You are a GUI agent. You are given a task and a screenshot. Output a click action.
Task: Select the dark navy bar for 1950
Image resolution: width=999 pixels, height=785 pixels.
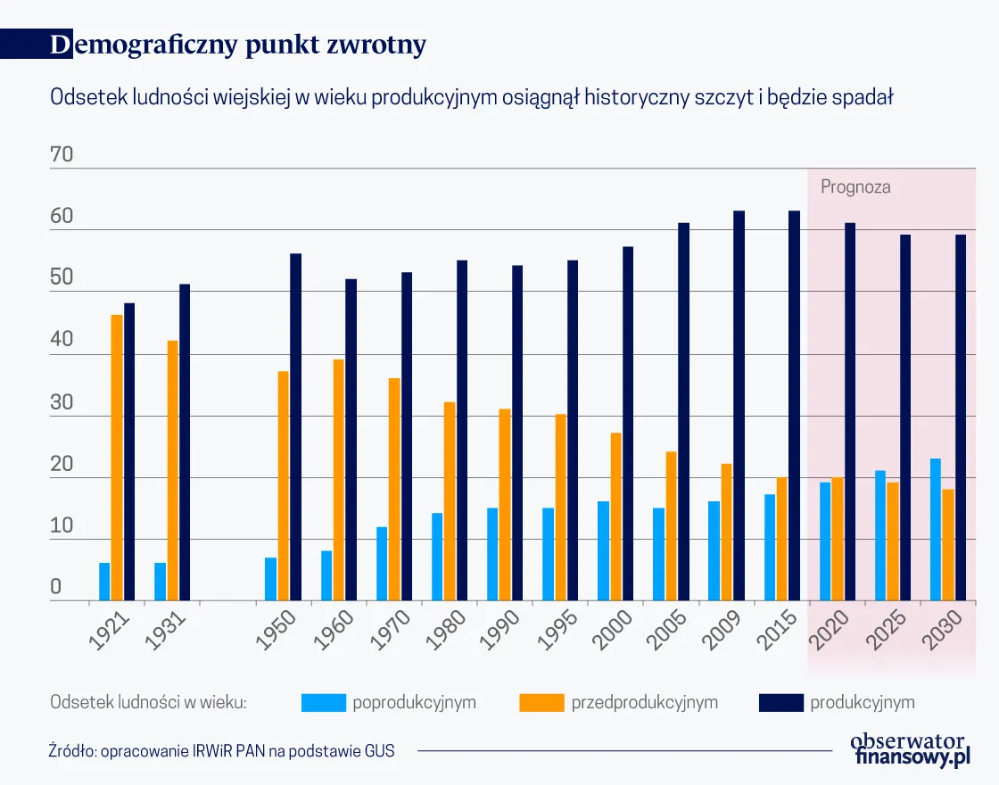(x=295, y=427)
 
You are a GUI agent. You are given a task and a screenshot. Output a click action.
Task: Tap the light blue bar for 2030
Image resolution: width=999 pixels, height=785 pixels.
(x=936, y=530)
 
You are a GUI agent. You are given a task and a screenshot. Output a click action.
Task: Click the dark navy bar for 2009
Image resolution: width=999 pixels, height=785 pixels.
(x=739, y=406)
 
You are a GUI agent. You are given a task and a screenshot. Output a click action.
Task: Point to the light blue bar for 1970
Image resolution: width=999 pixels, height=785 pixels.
(x=382, y=564)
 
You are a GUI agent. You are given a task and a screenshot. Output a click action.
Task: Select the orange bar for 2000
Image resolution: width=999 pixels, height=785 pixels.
(x=615, y=516)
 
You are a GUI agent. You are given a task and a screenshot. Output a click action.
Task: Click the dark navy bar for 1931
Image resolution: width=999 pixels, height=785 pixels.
(x=185, y=442)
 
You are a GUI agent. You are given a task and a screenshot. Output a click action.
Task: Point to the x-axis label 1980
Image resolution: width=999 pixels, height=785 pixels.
(x=446, y=631)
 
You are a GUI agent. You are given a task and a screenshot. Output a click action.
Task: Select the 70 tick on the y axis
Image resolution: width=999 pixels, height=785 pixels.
(x=62, y=156)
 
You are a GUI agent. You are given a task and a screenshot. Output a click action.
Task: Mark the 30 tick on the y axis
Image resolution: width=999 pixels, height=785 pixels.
(x=62, y=403)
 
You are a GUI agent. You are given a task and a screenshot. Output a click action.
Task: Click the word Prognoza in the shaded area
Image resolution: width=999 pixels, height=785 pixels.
(x=855, y=187)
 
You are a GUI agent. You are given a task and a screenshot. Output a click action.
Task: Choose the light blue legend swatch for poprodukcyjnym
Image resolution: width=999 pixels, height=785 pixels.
(x=322, y=702)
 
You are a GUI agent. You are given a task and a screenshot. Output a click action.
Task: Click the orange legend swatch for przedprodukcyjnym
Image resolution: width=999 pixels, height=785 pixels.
(x=541, y=702)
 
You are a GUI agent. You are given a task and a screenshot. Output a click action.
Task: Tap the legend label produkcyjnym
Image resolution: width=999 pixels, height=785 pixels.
(x=862, y=702)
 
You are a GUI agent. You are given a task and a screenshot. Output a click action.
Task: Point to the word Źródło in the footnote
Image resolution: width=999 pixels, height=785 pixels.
(x=71, y=751)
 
